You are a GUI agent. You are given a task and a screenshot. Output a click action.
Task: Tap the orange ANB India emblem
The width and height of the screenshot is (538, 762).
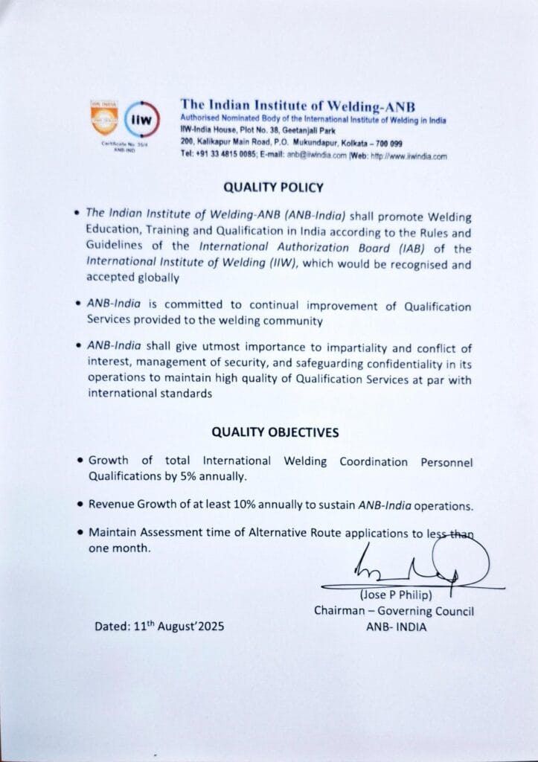[103, 117]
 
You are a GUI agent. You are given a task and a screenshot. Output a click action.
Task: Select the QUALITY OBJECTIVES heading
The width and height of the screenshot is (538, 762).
[275, 432]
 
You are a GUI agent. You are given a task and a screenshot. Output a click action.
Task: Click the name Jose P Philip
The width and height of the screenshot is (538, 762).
[394, 595]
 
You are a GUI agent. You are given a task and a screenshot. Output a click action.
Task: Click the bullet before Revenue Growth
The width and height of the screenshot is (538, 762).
[79, 505]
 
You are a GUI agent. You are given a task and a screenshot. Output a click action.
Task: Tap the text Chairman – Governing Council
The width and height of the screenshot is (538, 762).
[394, 612]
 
